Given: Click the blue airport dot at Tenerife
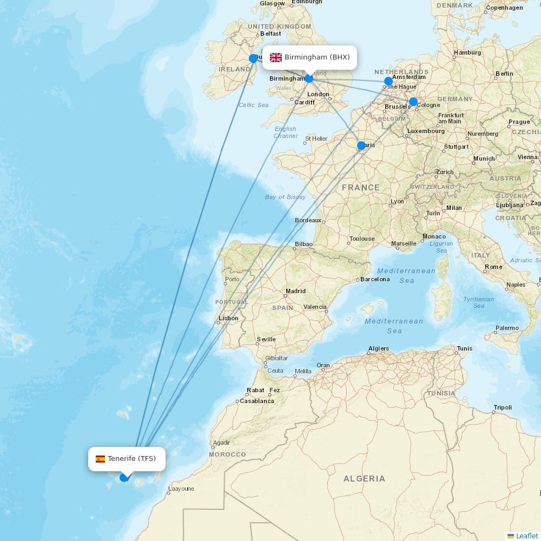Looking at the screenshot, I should (x=124, y=477).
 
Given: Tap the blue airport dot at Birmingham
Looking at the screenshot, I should (x=309, y=78).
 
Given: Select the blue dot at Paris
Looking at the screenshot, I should (x=361, y=146).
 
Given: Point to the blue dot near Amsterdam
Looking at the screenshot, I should (x=388, y=82).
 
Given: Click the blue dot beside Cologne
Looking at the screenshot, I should (x=413, y=102).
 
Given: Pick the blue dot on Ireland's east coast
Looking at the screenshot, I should (x=253, y=58).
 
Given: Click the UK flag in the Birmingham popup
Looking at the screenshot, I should (x=276, y=57).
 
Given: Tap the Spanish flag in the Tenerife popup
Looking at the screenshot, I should (x=100, y=459).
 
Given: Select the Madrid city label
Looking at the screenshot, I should (x=295, y=291).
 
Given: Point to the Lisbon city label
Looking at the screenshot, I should (x=228, y=318).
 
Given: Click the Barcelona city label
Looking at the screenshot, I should (x=375, y=279).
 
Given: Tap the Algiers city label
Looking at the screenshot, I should (x=379, y=348).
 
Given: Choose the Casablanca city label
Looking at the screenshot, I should (x=257, y=401).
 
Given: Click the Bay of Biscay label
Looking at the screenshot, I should (x=285, y=197).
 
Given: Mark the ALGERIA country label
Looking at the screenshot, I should (x=364, y=479).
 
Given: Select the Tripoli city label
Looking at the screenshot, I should (x=503, y=407).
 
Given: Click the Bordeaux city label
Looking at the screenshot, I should (x=308, y=220).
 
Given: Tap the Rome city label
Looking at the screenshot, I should (x=493, y=267).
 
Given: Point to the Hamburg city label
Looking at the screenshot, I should (x=467, y=52).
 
